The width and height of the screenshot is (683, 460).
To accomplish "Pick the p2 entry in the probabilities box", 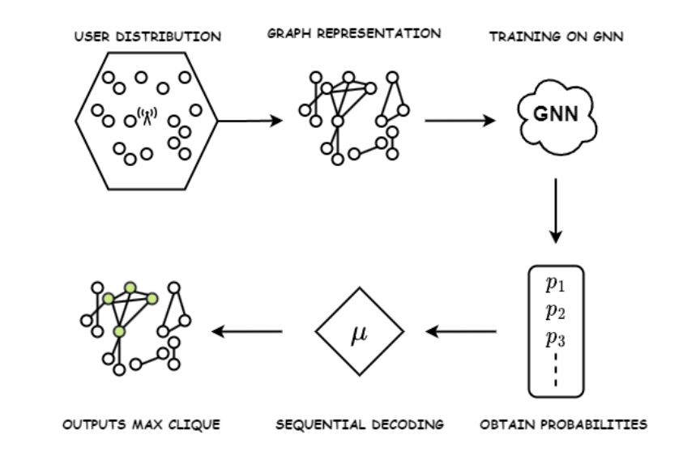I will pyautogui.click(x=555, y=310).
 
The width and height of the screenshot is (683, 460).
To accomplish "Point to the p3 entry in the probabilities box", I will pyautogui.click(x=555, y=338).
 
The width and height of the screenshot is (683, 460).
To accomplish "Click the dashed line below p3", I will pyautogui.click(x=555, y=370).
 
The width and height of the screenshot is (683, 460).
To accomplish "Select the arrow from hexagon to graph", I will pyautogui.click(x=250, y=121).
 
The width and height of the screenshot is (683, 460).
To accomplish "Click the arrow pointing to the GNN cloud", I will pyautogui.click(x=459, y=121).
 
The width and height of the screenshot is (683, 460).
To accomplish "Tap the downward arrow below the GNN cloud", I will pyautogui.click(x=555, y=209).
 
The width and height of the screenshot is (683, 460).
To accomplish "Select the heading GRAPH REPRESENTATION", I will pyautogui.click(x=354, y=34).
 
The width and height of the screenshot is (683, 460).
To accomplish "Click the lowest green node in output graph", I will pyautogui.click(x=120, y=332).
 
